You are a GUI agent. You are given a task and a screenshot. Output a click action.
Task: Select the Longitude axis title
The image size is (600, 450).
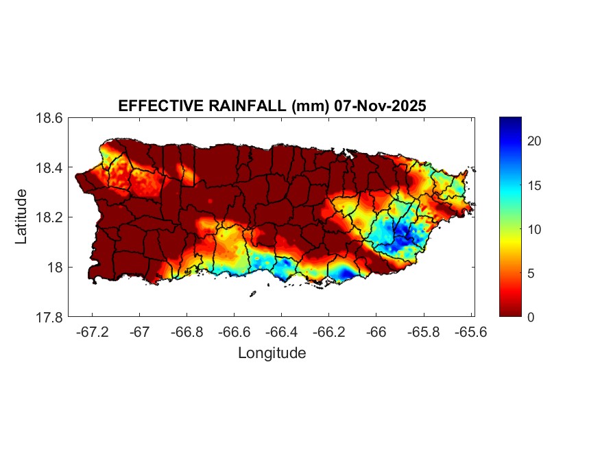pyautogui.click(x=272, y=353)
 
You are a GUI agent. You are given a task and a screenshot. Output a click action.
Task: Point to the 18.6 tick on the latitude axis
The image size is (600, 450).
pyautogui.click(x=49, y=118)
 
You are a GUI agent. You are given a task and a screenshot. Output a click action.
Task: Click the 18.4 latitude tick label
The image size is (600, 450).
pyautogui.click(x=49, y=168)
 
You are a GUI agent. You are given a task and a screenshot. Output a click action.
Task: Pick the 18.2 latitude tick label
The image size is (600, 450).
pyautogui.click(x=49, y=217)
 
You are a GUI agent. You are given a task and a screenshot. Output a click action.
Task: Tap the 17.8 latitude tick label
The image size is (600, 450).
pyautogui.click(x=49, y=317)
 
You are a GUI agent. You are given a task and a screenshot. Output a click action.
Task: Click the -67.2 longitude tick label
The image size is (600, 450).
pyautogui.click(x=93, y=332)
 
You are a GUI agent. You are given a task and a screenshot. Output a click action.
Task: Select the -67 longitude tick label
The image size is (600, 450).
pyautogui.click(x=140, y=332)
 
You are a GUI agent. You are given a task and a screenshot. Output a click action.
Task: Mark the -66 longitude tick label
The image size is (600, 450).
pyautogui.click(x=376, y=332)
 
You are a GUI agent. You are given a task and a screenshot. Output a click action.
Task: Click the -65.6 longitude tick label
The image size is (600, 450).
pyautogui.click(x=470, y=332)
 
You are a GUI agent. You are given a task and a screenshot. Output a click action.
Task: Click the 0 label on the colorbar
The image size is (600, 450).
pyautogui.click(x=531, y=317)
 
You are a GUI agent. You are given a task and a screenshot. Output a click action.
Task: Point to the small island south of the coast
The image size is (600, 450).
pyautogui.click(x=252, y=294)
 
